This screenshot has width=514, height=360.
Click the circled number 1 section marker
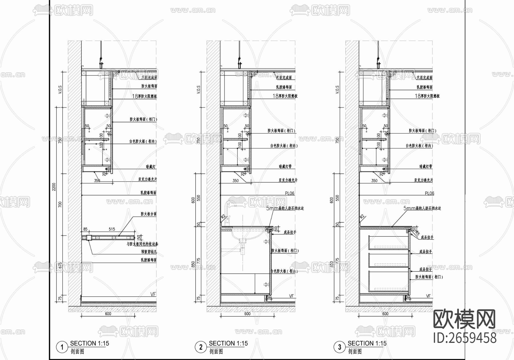coord(62,347)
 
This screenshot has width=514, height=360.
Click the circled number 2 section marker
coord(200,347)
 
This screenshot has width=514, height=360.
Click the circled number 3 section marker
coord(339,347)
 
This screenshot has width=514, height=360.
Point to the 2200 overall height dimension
coord(54,187)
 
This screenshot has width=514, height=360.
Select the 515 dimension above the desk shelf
coord(112,229)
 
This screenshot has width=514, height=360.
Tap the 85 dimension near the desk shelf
coord(85,229)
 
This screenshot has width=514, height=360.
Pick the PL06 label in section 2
coord(290,193)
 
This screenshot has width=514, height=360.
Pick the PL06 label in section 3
coord(429,193)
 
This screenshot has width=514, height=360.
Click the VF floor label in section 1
coord(153,294)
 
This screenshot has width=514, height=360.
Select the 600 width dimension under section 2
coord(247,314)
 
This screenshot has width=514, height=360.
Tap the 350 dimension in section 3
coord(374,181)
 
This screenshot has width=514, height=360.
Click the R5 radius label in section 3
coord(417,233)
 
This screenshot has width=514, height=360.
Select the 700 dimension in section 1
coord(60,204)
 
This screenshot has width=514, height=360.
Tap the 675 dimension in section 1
coord(60,265)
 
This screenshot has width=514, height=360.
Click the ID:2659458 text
coord(465,338)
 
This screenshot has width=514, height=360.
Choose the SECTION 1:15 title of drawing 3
coord(367,343)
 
